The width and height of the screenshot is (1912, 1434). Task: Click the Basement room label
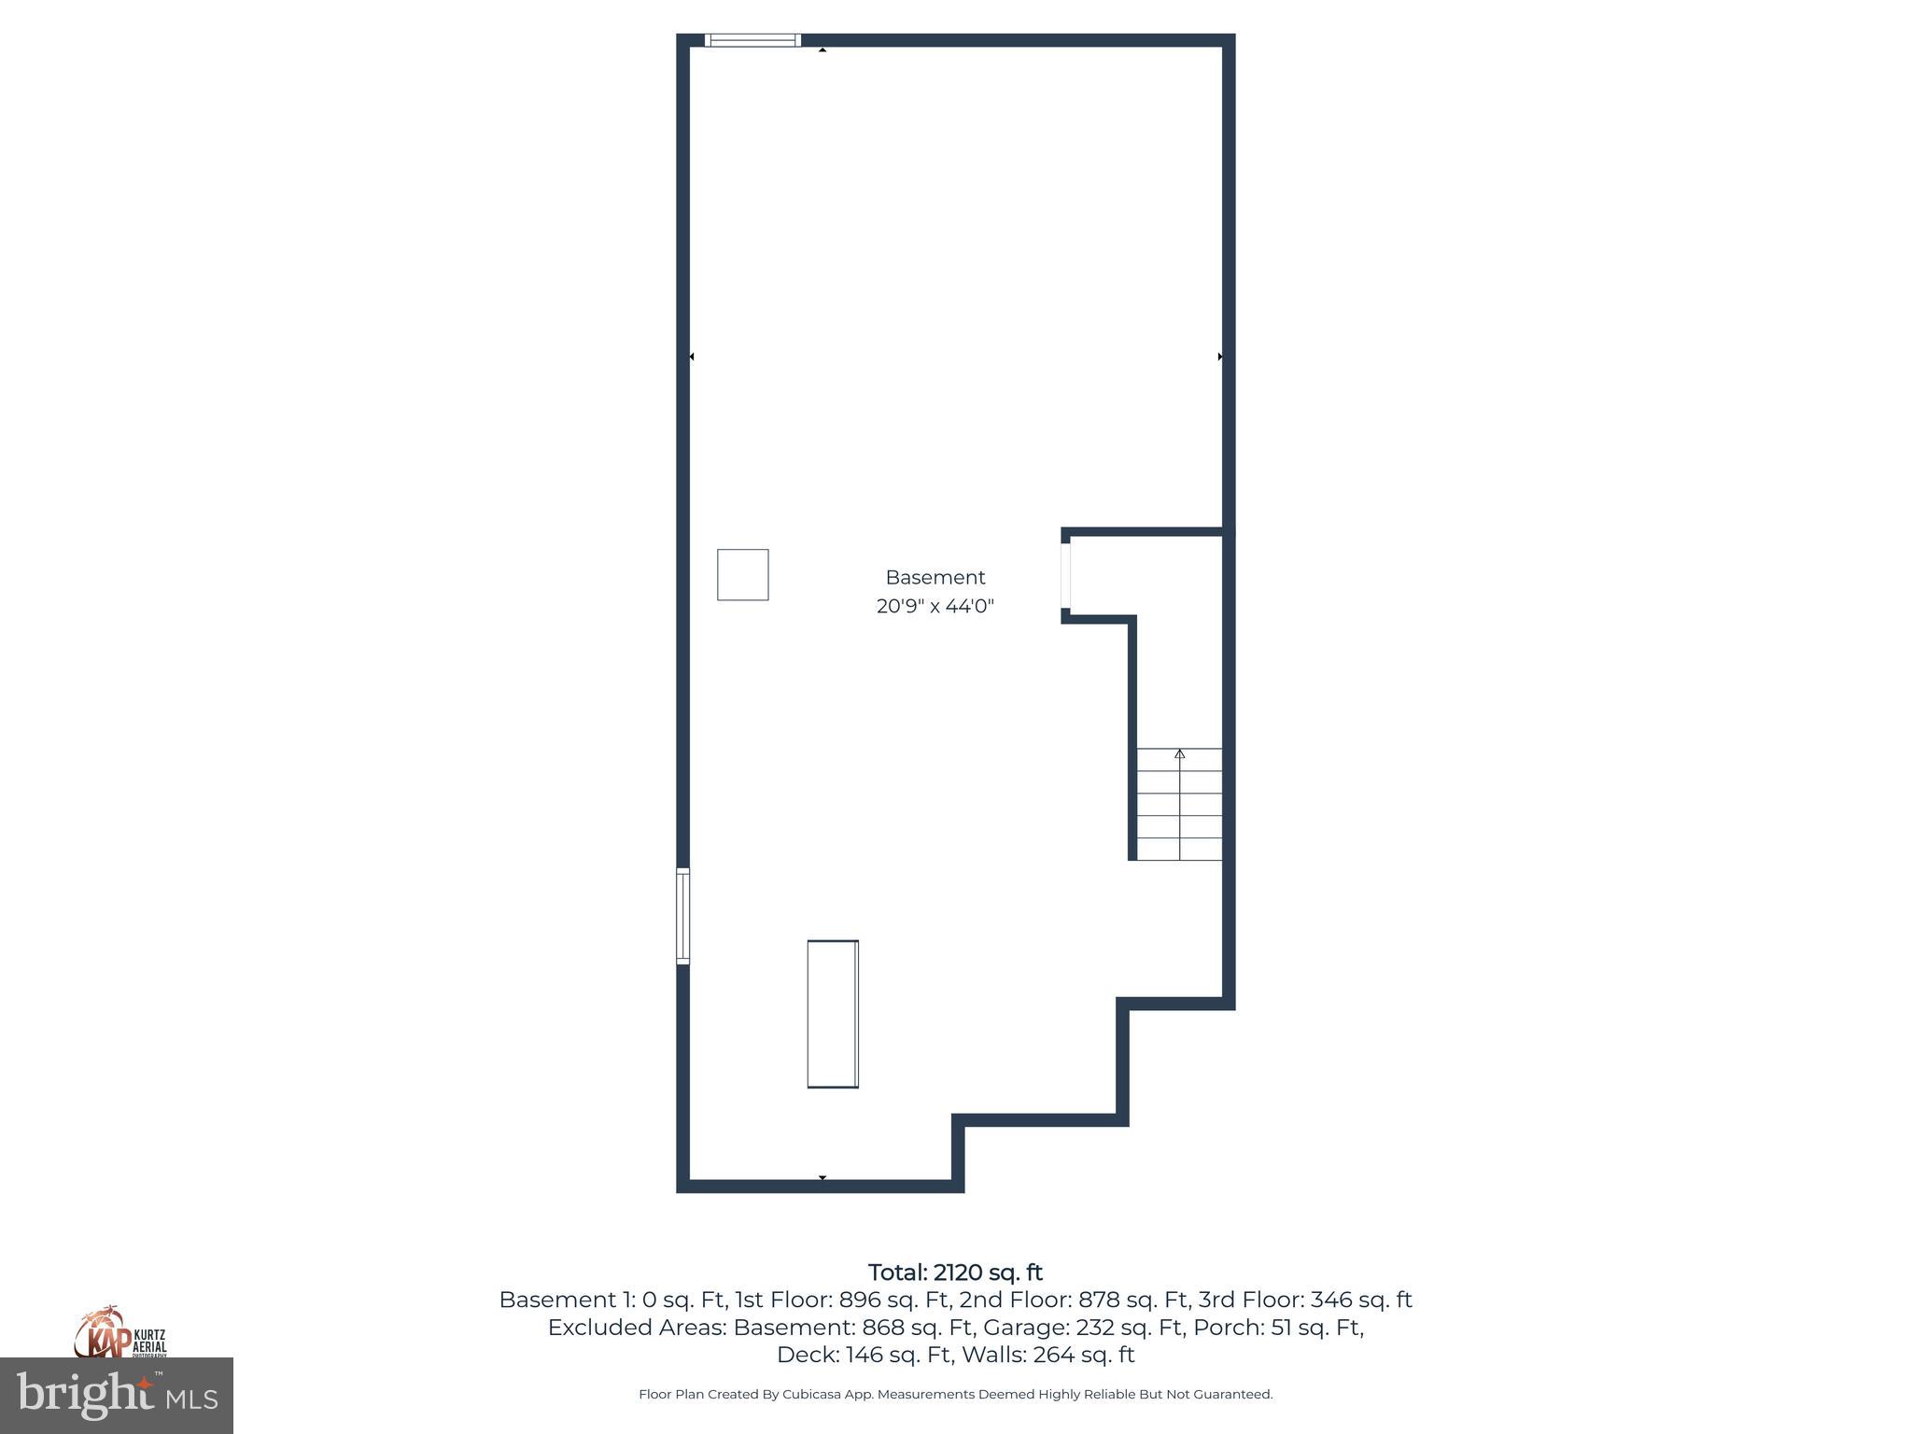click(935, 578)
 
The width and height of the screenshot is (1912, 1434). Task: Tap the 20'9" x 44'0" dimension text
click(935, 607)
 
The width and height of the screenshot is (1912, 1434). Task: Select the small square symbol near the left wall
click(742, 575)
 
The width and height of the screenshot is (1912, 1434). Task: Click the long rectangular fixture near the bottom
click(833, 1014)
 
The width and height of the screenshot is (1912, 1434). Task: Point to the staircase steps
click(1179, 805)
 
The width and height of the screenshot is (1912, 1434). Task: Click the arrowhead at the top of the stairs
click(1179, 753)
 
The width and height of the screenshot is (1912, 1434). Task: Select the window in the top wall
click(752, 40)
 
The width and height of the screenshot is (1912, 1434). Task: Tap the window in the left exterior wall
click(682, 916)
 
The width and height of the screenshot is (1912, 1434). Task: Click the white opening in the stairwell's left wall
click(1065, 576)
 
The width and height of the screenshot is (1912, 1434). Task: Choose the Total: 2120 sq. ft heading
click(955, 1272)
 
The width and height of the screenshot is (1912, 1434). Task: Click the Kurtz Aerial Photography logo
click(119, 1333)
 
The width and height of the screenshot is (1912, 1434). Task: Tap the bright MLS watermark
click(117, 1396)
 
